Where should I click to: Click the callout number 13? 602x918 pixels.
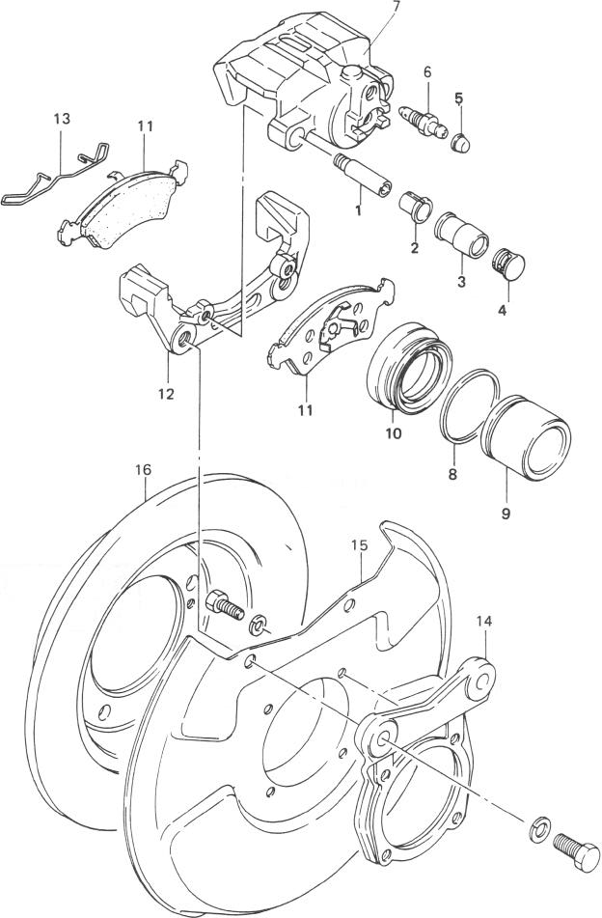[62, 119]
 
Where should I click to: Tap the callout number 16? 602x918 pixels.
[143, 469]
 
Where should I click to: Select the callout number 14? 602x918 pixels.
[484, 622]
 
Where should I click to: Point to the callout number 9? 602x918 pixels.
[506, 514]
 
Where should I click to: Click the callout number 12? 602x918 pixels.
[166, 394]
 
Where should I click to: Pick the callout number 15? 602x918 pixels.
[359, 545]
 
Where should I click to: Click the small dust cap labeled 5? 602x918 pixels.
[461, 142]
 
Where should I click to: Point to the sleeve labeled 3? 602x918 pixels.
[462, 235]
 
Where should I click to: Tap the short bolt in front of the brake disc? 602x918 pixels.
[225, 604]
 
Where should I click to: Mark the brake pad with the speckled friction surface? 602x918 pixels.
[124, 202]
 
